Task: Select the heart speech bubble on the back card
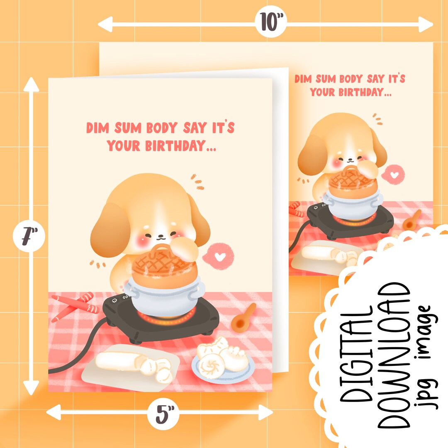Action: click(x=395, y=172)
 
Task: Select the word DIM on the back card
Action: click(x=304, y=79)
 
